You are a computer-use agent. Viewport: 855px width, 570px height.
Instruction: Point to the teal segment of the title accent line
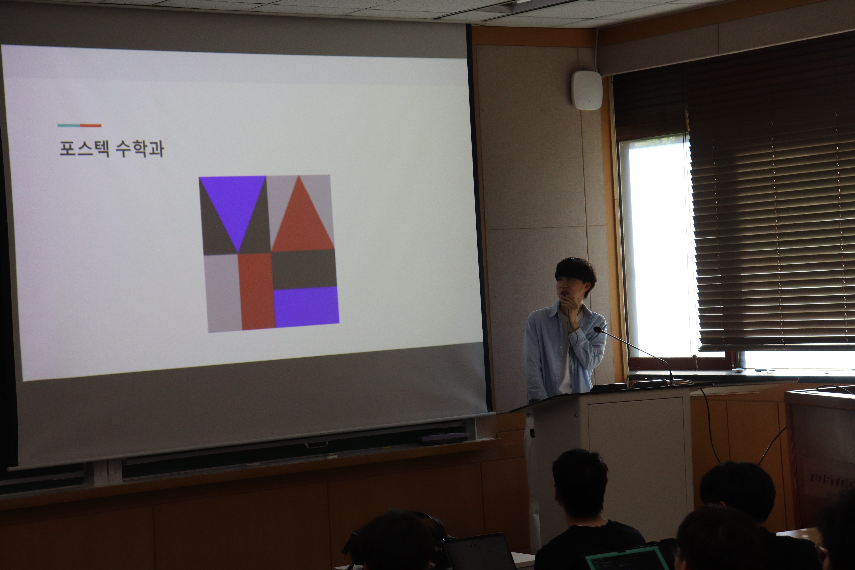tap(69, 125)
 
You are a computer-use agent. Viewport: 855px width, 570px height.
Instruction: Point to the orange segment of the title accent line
tap(90, 125)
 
